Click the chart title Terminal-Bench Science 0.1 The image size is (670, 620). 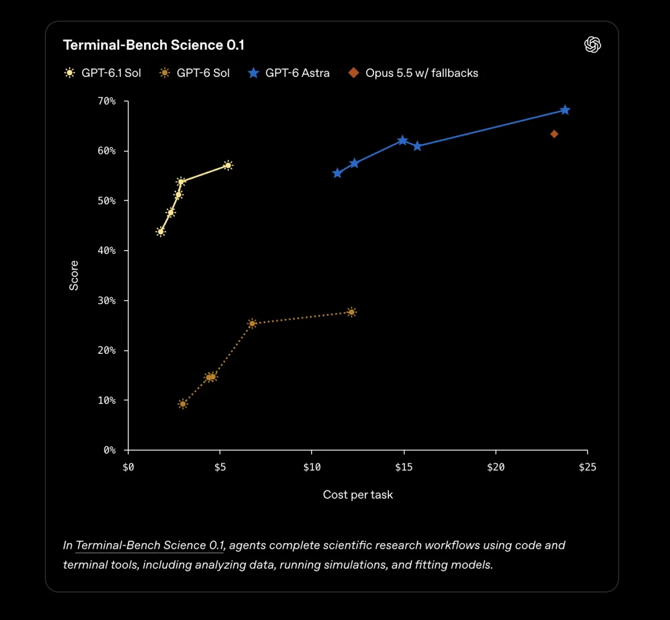click(153, 45)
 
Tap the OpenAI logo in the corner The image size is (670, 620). click(592, 45)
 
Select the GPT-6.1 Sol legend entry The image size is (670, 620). click(102, 73)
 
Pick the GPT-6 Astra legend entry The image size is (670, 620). click(289, 73)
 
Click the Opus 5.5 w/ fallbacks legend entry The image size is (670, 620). click(413, 73)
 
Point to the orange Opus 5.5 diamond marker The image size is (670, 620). click(554, 134)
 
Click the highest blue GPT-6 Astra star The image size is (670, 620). click(565, 110)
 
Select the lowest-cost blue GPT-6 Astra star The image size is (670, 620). click(337, 173)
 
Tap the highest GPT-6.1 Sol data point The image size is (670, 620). click(228, 166)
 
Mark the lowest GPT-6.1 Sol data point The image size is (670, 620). click(161, 231)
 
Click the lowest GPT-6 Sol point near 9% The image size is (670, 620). click(183, 404)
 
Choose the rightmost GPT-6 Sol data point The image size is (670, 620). click(351, 312)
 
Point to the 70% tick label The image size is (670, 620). click(107, 101)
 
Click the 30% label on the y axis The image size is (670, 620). click(107, 300)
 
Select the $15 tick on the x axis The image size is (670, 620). click(404, 467)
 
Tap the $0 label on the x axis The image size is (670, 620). click(128, 467)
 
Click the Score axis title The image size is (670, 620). click(74, 276)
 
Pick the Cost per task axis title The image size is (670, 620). click(358, 495)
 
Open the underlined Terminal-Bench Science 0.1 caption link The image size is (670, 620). click(150, 545)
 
